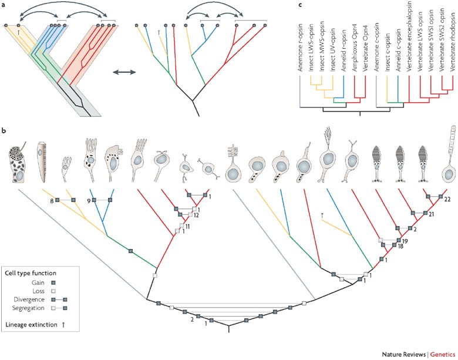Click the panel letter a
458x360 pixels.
point(4,5)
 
